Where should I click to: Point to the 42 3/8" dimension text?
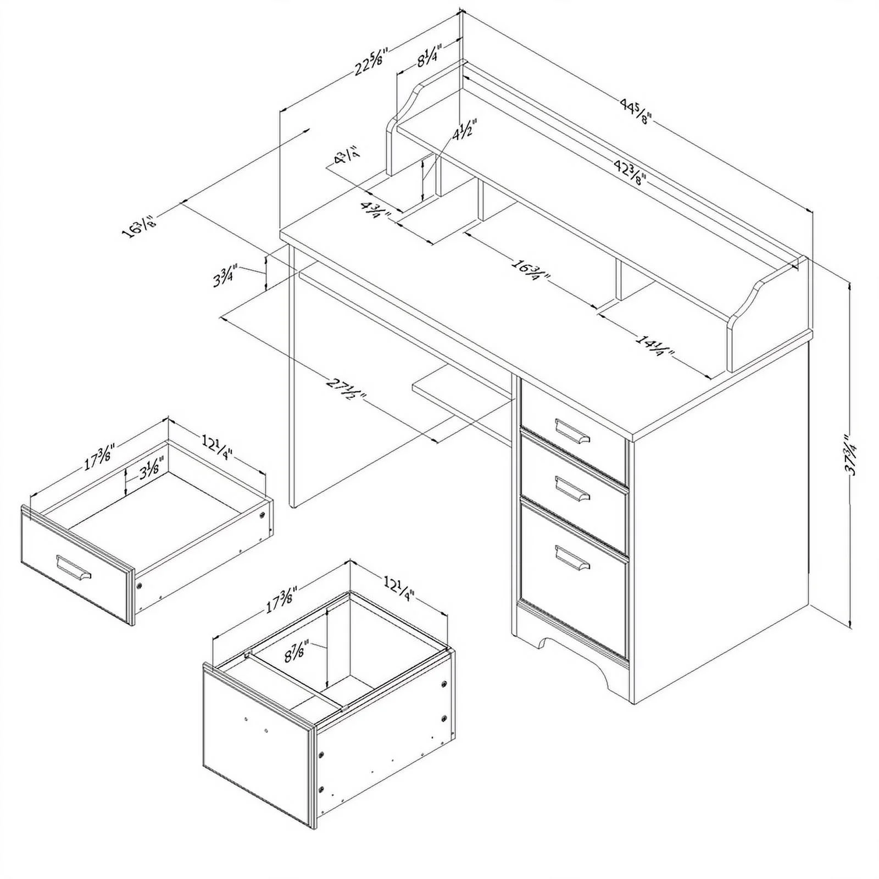point(628,171)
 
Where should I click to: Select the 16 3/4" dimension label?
point(531,270)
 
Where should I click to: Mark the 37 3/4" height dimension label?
point(851,454)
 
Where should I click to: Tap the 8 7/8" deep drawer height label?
point(297,652)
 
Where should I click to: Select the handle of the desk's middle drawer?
point(572,488)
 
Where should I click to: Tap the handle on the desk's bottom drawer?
point(572,557)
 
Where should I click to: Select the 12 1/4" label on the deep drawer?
point(398,587)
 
